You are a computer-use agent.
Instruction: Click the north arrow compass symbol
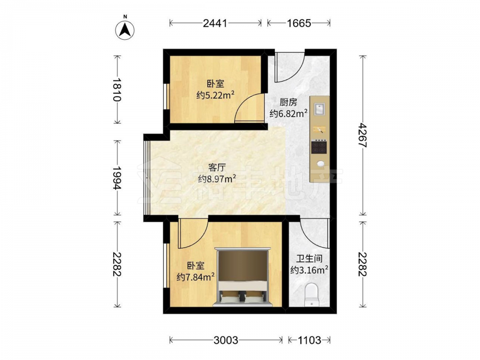(x=125, y=30)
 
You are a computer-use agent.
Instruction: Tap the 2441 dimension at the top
(x=215, y=23)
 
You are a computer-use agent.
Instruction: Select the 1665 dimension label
(x=299, y=23)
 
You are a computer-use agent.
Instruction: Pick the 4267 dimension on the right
(x=363, y=135)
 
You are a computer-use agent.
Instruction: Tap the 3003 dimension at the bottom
(x=226, y=340)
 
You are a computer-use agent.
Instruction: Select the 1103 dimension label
(x=309, y=340)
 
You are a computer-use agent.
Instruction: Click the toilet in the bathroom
(x=312, y=295)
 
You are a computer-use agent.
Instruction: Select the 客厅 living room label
(x=217, y=167)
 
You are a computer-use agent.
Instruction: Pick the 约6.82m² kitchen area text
(x=288, y=114)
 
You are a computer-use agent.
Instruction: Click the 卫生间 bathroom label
(x=309, y=259)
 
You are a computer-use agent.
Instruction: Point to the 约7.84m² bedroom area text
(x=196, y=277)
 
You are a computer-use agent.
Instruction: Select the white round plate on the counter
(x=321, y=164)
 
